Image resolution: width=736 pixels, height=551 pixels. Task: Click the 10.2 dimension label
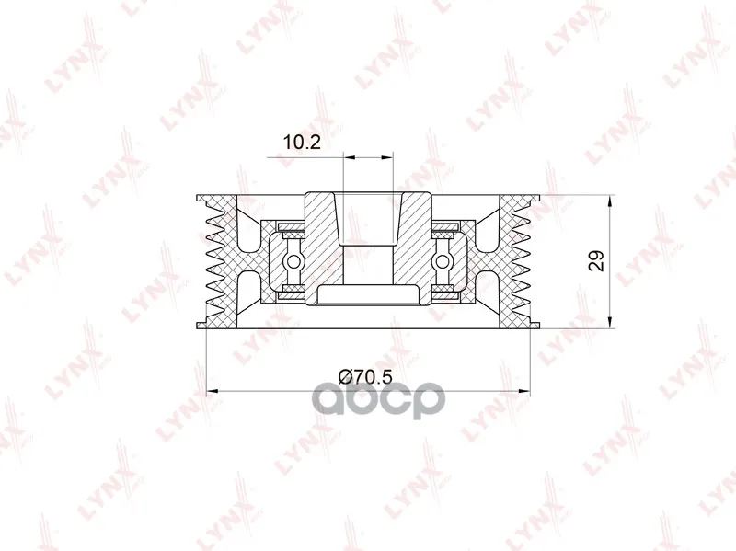tap(302, 142)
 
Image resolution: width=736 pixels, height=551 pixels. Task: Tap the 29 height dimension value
tap(596, 261)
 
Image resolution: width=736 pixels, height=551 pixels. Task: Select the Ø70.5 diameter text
tap(364, 376)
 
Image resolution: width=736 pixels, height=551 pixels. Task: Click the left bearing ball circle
tap(293, 260)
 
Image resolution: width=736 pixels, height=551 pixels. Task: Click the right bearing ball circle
tap(442, 260)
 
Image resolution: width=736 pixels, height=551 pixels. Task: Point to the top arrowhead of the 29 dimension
tap(609, 202)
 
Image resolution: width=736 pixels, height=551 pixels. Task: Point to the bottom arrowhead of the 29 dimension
tap(609, 322)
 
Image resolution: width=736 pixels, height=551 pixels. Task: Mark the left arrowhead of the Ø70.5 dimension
tap(213, 390)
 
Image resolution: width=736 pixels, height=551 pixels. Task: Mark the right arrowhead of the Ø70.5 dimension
tap(523, 390)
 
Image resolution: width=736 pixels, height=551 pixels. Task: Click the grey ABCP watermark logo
tap(379, 399)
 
